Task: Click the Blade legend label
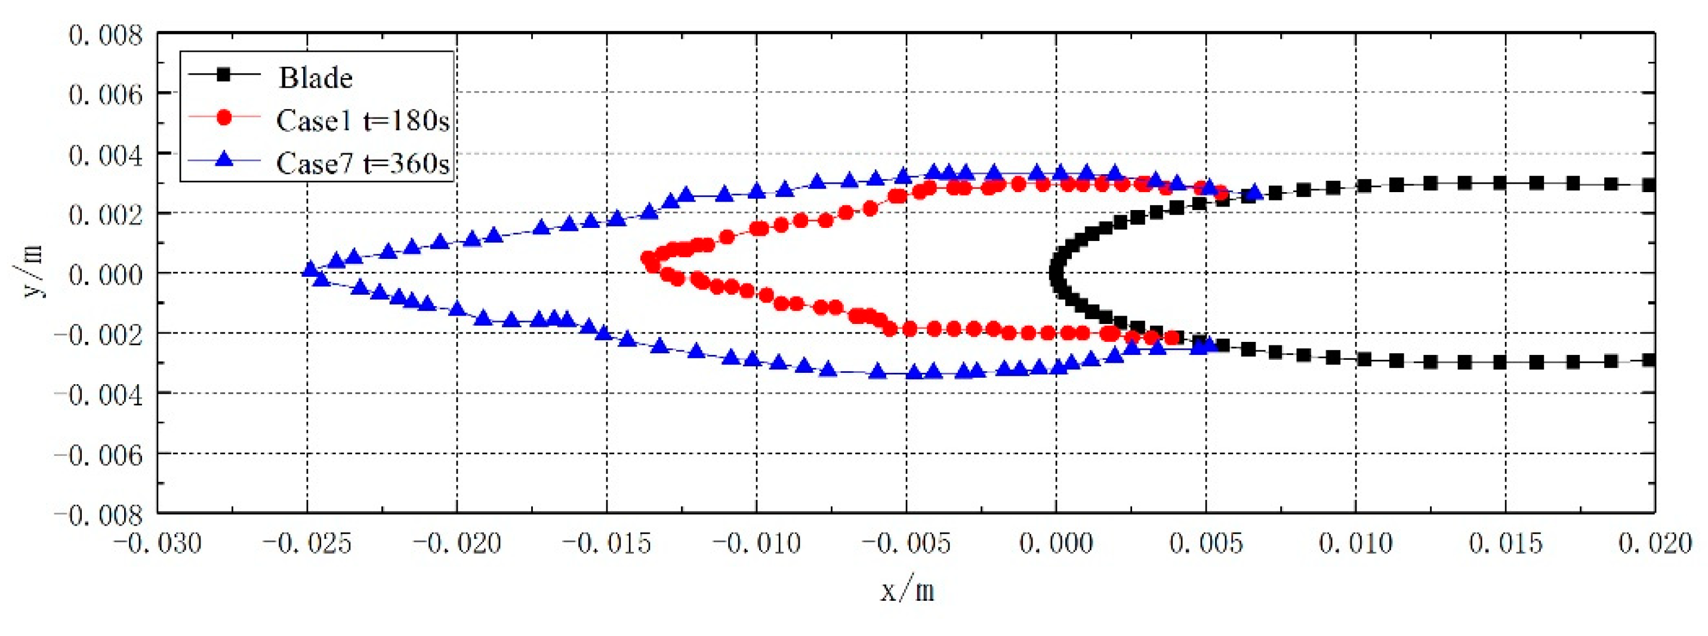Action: (315, 78)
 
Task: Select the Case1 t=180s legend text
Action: (363, 121)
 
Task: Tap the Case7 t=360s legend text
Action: (363, 163)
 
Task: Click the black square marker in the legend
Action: (224, 75)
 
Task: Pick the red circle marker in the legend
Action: (224, 118)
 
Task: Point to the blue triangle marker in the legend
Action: (224, 160)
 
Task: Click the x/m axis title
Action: (907, 589)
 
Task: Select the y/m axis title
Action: (30, 272)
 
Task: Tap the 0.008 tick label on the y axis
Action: (106, 35)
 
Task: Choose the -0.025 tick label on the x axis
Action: (307, 544)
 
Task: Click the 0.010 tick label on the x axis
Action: (1355, 544)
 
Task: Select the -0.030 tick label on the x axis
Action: (157, 544)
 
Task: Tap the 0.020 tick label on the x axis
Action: (1655, 544)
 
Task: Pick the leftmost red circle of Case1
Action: (648, 258)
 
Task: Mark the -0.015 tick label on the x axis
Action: (607, 544)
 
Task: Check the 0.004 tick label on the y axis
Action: (106, 156)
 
